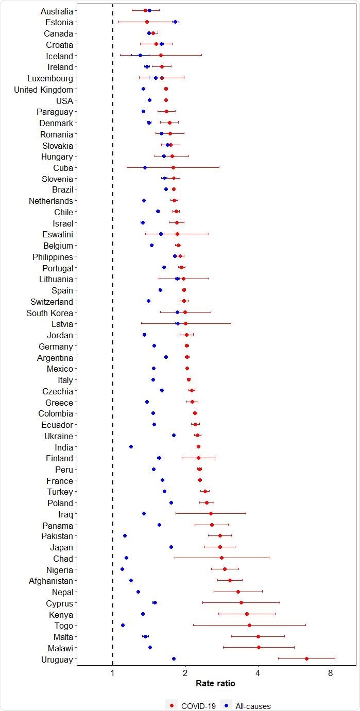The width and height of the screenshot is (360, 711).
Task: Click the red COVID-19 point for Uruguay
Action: (x=306, y=658)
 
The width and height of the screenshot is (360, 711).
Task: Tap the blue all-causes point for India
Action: (x=131, y=447)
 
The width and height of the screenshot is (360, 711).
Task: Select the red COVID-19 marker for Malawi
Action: (x=259, y=647)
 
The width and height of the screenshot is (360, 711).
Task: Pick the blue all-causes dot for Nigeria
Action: (x=122, y=569)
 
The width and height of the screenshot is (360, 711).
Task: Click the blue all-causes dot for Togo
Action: (x=123, y=625)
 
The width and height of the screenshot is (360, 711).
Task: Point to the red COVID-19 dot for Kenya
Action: (x=247, y=614)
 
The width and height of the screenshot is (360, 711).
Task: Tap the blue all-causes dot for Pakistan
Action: (x=125, y=536)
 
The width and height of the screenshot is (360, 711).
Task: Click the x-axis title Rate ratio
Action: (x=216, y=684)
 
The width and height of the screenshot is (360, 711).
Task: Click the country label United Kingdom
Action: (x=44, y=90)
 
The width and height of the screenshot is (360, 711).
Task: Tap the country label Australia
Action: (x=57, y=11)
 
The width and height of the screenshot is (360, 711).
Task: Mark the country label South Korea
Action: (x=50, y=313)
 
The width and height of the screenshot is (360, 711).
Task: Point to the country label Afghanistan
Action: (x=51, y=581)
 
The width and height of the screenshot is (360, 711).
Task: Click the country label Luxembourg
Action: (x=50, y=78)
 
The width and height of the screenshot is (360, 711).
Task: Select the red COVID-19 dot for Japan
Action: (x=220, y=547)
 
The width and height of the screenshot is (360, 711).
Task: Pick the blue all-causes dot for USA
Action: (x=149, y=100)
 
